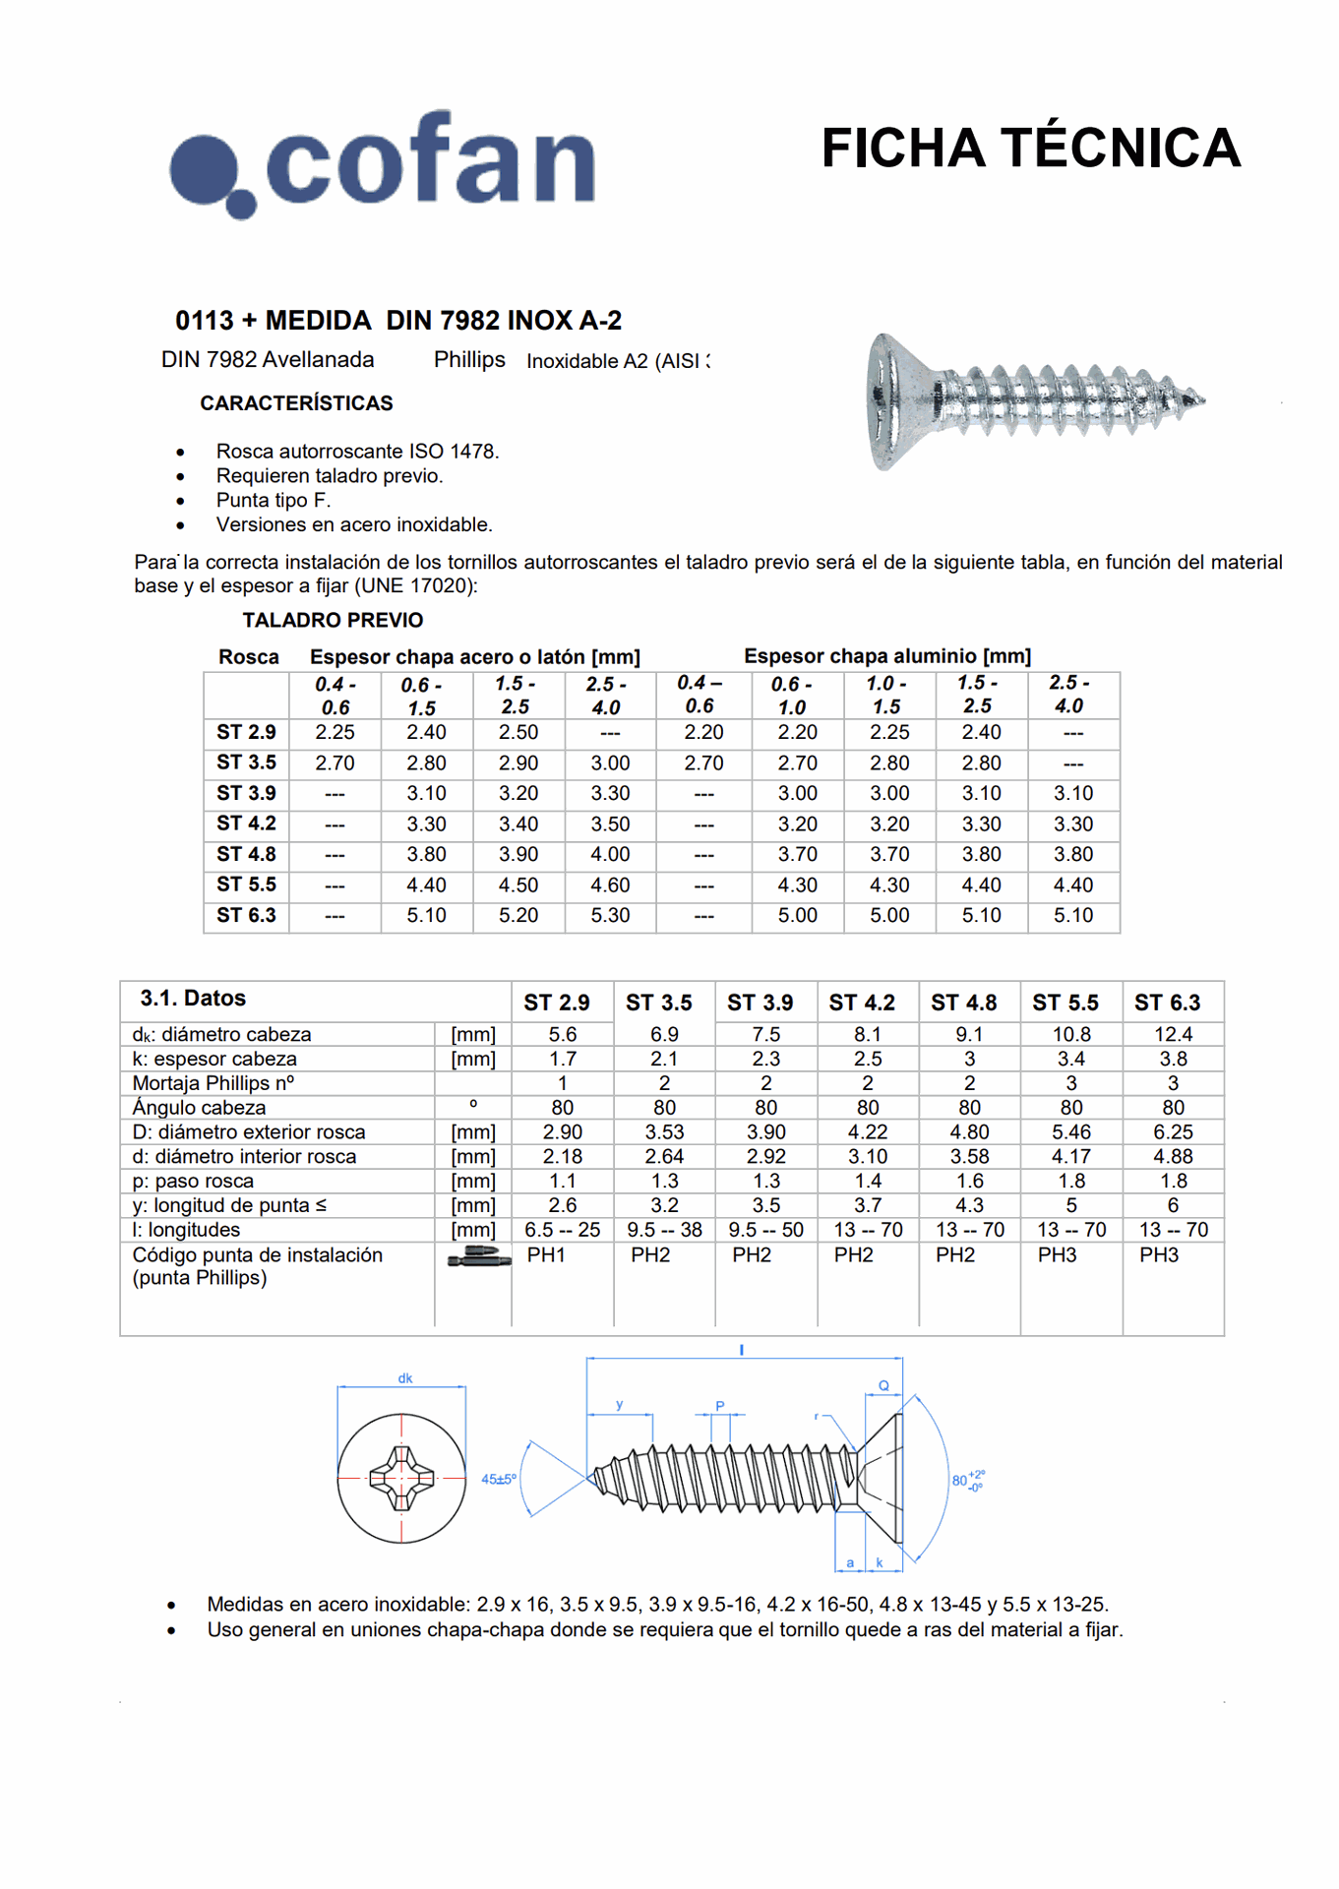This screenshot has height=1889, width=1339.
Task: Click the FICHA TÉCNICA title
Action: coord(1030,149)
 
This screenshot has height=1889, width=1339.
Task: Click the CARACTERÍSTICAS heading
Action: coord(296,403)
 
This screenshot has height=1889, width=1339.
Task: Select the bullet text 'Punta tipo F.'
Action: coord(274,500)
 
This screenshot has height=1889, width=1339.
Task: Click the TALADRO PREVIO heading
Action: coord(333,620)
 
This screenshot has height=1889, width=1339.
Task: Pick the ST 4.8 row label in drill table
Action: coord(246,854)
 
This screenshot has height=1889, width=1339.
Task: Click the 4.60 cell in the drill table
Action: coord(610,885)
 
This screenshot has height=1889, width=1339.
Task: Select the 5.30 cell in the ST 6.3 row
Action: coord(610,916)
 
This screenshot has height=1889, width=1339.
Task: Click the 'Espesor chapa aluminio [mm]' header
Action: coord(886,656)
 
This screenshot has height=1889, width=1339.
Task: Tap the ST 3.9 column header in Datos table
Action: coord(760,1003)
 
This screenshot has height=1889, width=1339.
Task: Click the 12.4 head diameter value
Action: coord(1173,1034)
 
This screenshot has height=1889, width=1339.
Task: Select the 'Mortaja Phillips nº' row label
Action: coord(213,1083)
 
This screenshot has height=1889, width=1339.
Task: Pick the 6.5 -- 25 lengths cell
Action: coord(562,1230)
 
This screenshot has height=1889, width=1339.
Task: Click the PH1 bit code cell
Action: coord(546,1255)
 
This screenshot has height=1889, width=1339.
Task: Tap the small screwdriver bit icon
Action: coord(479,1257)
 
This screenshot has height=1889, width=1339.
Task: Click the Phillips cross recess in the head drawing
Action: coord(401,1478)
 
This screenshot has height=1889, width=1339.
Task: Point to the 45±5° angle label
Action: coord(498,1479)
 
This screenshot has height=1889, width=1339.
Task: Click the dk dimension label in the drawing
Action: coord(405,1378)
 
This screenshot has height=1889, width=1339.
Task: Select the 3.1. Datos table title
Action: coord(193,999)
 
